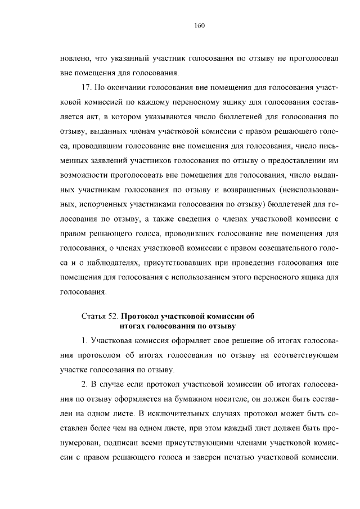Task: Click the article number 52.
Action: pos(114,316)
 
